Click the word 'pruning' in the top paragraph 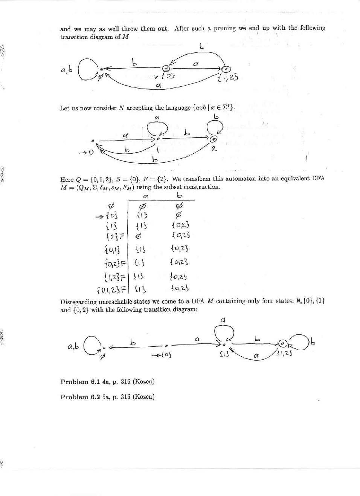pos(225,28)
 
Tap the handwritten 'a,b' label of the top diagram pos(66,69)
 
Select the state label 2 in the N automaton pos(214,149)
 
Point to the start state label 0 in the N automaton pos(90,153)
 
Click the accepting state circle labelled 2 pos(214,139)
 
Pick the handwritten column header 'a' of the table pos(146,196)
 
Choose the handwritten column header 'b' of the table pos(180,195)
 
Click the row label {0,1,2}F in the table pos(111,290)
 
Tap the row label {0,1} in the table pos(112,249)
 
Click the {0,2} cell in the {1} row pos(180,225)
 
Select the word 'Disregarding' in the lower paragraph pos(78,302)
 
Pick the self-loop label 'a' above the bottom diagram pos(223,320)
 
